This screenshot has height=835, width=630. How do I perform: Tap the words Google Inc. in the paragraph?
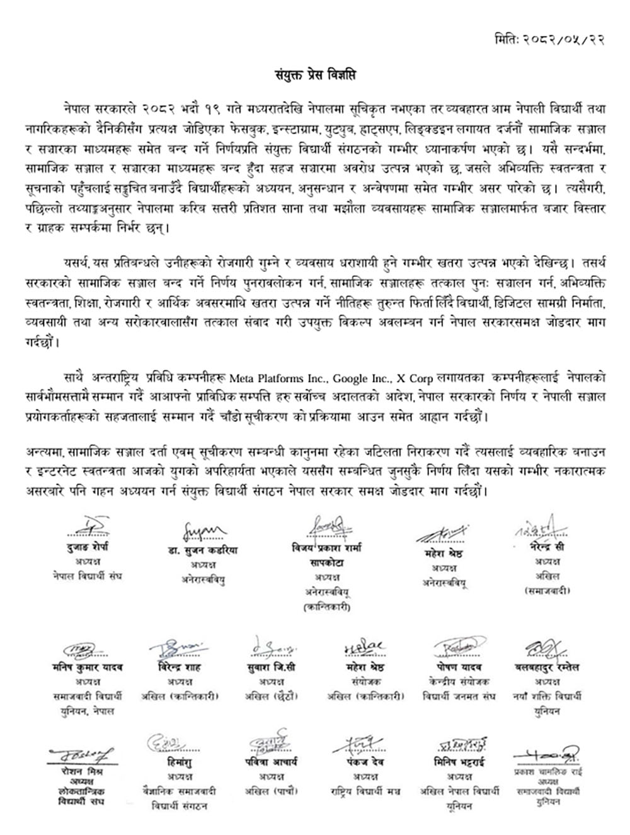(361, 378)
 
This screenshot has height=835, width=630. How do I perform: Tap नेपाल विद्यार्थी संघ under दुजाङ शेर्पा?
(88, 576)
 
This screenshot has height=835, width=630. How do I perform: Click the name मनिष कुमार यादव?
(88, 667)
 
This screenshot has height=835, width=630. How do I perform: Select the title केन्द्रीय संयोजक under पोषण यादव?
(459, 682)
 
